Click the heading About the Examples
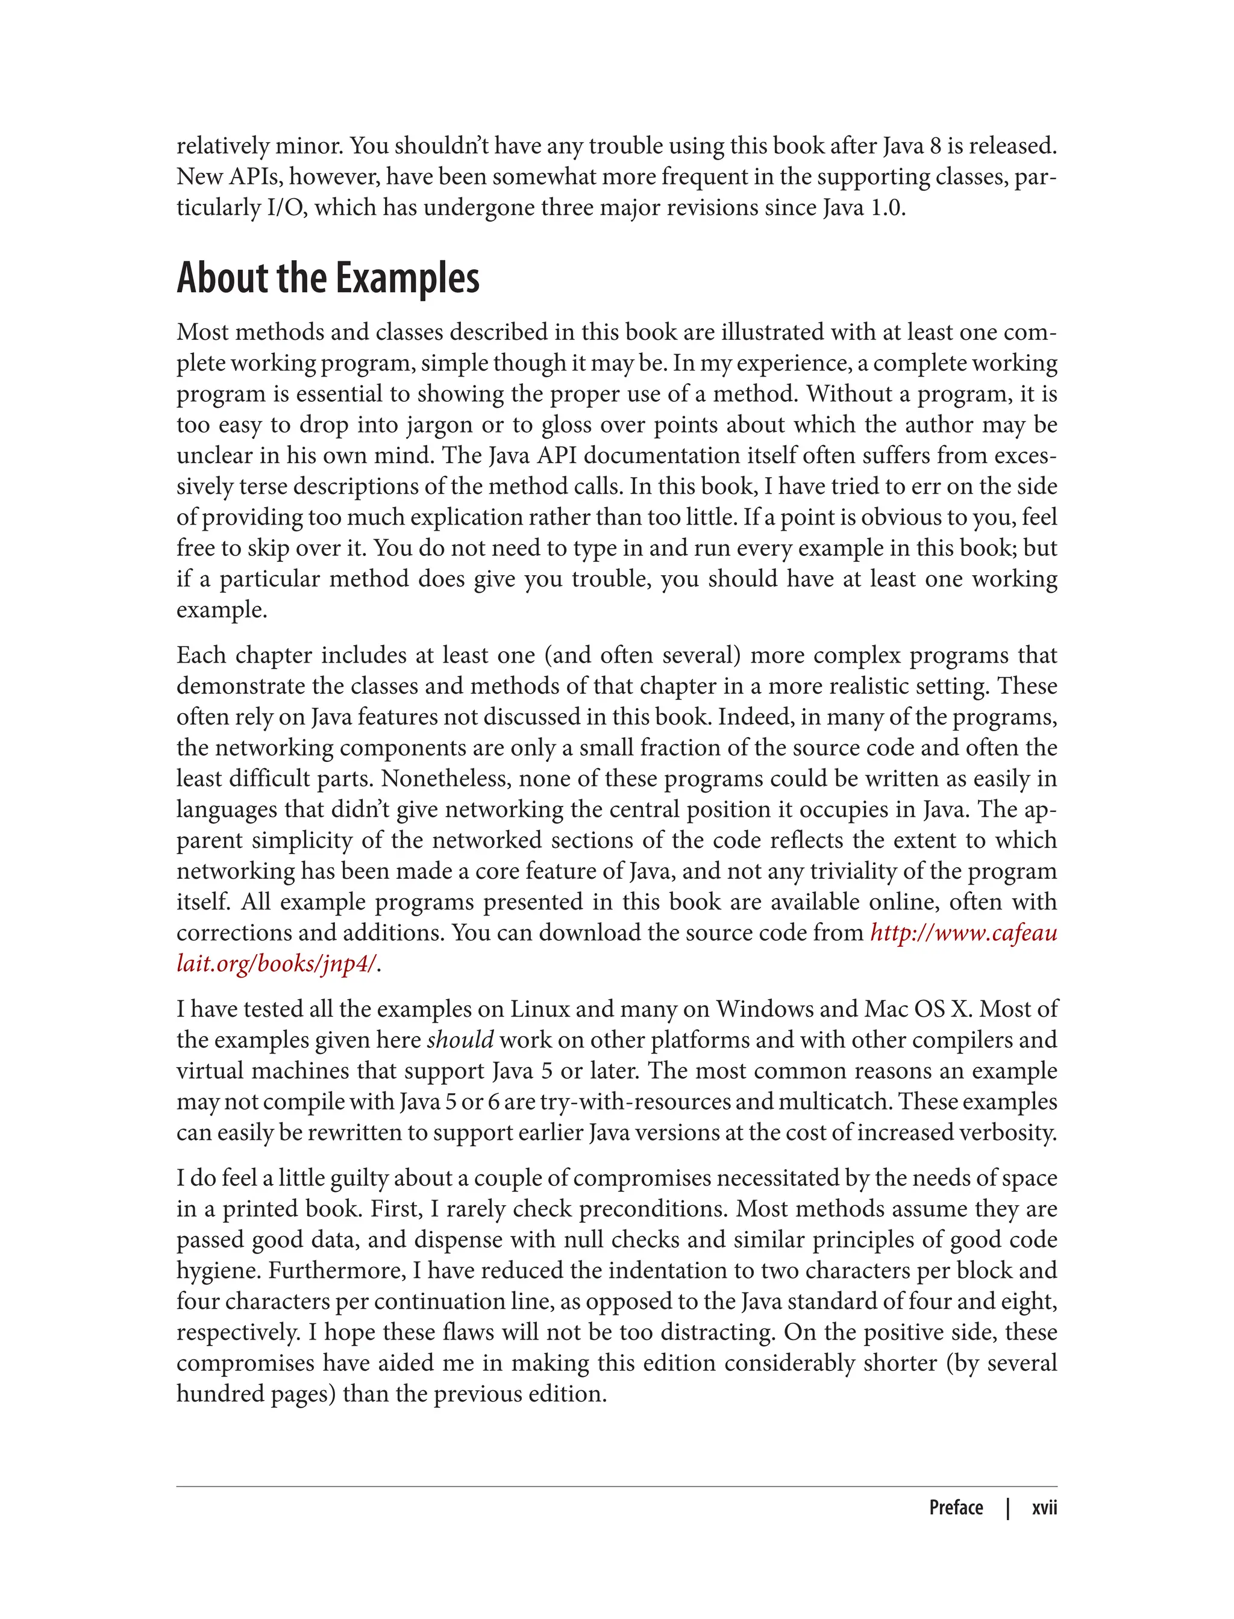point(328,278)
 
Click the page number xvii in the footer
point(1044,1508)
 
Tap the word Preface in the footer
point(956,1508)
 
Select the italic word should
point(460,1040)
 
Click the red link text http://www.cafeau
point(963,932)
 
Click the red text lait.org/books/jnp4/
point(277,963)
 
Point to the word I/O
point(286,208)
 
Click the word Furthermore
point(337,1270)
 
